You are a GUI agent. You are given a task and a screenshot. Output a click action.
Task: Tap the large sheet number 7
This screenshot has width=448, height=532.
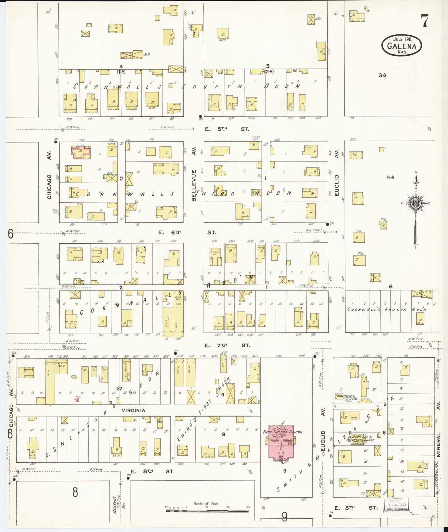(424, 21)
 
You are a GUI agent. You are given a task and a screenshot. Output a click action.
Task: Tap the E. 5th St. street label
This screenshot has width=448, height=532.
(227, 129)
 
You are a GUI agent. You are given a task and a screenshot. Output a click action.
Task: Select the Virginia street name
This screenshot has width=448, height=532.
(133, 410)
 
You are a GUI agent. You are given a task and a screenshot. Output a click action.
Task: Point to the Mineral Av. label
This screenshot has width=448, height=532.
(439, 444)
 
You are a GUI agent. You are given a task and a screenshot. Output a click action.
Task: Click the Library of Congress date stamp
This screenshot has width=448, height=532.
(397, 504)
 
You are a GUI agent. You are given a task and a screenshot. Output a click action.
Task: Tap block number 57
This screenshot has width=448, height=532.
(119, 389)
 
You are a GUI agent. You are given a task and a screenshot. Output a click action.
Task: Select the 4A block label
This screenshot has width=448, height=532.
(390, 178)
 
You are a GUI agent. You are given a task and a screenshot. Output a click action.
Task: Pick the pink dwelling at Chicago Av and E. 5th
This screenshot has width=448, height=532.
(81, 152)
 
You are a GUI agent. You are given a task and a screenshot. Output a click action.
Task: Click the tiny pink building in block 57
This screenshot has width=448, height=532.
(77, 400)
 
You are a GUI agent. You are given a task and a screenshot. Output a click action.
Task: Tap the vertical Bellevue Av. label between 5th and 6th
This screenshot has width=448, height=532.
(194, 185)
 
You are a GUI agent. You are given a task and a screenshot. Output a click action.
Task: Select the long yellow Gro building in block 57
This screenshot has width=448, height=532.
(50, 381)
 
